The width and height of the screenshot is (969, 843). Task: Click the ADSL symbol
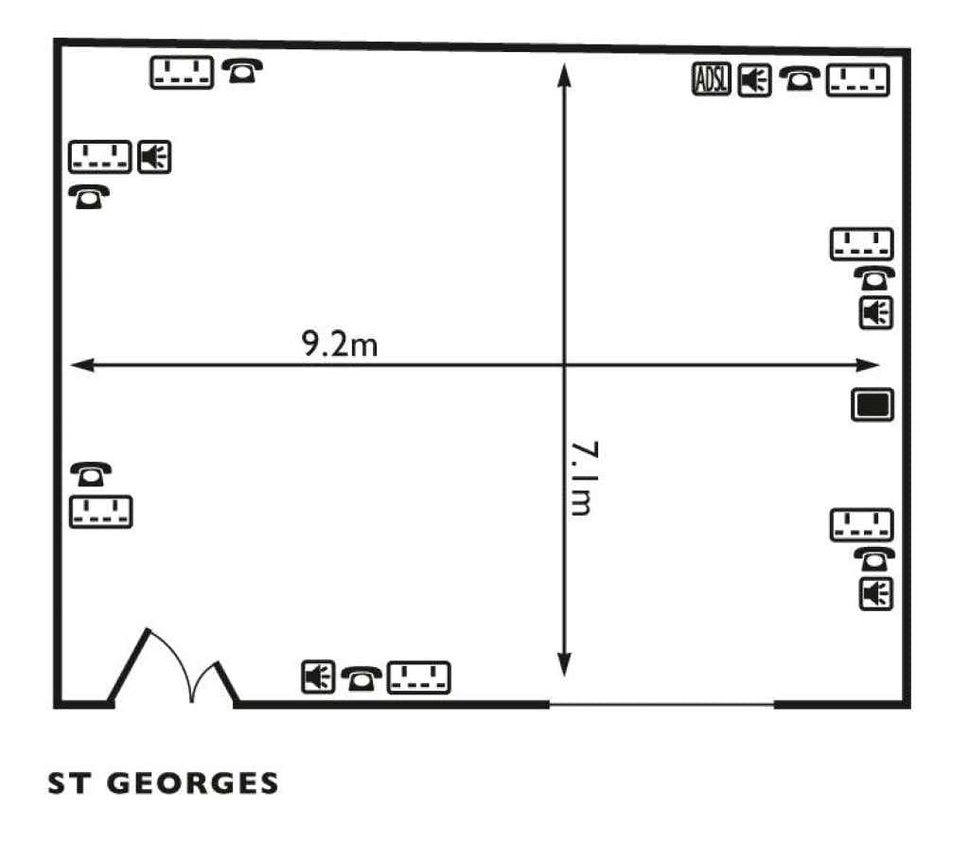(712, 79)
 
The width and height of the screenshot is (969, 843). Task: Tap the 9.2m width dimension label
(340, 344)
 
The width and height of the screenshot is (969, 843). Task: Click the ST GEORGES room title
(164, 783)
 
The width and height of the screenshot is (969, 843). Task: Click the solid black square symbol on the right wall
(872, 405)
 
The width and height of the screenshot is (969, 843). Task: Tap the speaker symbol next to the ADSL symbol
(754, 79)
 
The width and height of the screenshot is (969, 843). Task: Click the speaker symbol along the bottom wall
(318, 676)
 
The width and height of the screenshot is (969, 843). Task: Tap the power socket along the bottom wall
(419, 676)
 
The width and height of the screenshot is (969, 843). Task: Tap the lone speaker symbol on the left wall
(154, 156)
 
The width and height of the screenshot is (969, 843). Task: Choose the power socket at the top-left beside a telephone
(183, 72)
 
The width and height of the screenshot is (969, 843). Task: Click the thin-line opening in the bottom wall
(661, 704)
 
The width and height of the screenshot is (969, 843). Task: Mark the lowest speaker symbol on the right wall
(876, 594)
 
